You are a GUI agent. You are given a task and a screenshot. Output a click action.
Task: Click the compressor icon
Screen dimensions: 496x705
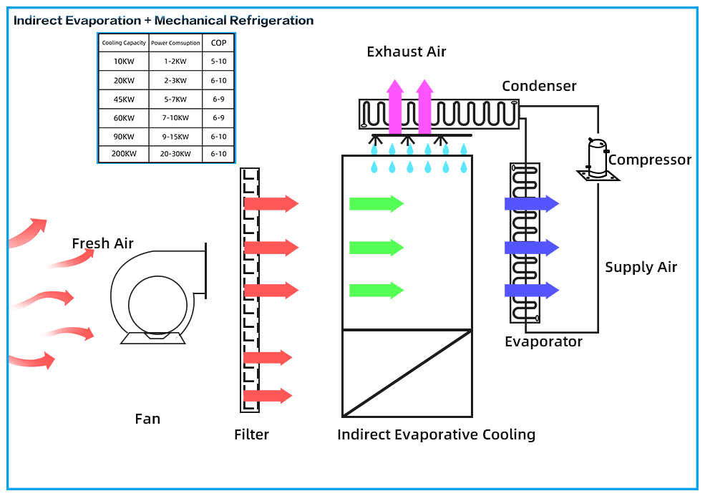(x=597, y=159)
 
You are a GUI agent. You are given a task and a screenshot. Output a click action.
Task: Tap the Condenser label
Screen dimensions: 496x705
(x=539, y=87)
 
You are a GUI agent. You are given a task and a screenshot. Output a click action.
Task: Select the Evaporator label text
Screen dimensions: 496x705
(x=543, y=342)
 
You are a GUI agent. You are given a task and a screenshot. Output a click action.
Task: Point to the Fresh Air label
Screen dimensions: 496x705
(x=102, y=244)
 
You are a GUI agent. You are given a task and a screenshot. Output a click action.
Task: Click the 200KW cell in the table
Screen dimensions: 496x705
(x=124, y=154)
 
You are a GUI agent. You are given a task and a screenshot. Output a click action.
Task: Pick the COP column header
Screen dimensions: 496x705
(x=218, y=43)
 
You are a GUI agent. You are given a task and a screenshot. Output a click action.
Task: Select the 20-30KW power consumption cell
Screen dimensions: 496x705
(x=175, y=154)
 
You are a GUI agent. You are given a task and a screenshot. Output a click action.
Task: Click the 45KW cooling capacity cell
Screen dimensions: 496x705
(x=124, y=99)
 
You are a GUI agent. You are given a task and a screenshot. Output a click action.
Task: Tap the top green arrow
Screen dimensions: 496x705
(x=376, y=204)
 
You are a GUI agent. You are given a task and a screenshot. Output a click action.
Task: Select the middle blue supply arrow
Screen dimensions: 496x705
(x=531, y=248)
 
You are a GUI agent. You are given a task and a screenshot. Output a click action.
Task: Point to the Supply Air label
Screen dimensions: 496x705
(x=641, y=268)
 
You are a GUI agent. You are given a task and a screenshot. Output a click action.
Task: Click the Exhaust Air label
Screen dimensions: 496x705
(x=407, y=52)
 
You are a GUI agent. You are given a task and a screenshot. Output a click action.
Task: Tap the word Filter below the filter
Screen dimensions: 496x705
(x=251, y=434)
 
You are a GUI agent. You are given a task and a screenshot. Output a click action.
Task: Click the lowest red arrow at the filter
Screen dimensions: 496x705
(x=267, y=396)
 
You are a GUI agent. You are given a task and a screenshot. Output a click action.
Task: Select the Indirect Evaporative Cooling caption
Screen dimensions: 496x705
(x=436, y=434)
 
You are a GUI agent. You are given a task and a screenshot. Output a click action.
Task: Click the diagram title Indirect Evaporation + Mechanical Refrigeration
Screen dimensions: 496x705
(x=163, y=20)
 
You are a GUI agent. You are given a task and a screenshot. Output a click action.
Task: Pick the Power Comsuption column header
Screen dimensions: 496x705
(x=175, y=43)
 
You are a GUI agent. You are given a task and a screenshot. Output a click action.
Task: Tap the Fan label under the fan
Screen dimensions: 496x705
(x=147, y=419)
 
